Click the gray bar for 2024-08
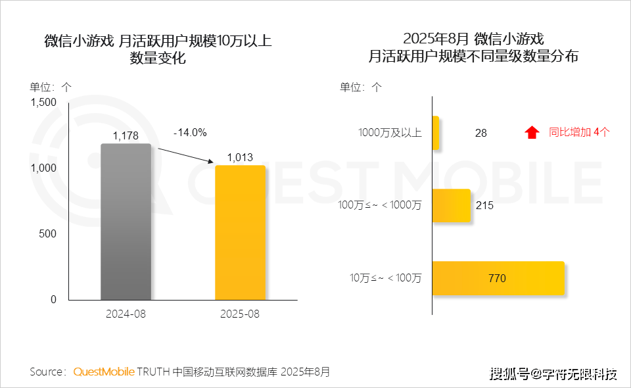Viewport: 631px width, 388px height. [126, 222]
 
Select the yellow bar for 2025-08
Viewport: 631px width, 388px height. [240, 232]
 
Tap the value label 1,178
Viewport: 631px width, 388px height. [126, 136]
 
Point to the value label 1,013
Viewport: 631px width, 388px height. [240, 158]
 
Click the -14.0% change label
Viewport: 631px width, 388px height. [190, 132]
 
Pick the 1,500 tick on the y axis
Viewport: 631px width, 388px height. [44, 102]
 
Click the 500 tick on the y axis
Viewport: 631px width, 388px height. [49, 233]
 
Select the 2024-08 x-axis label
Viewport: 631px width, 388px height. [126, 314]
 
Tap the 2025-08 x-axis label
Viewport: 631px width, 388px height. [240, 314]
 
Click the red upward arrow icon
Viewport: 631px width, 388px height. [532, 132]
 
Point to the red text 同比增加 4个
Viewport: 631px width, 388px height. [579, 132]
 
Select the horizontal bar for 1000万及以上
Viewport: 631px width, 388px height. [435, 132]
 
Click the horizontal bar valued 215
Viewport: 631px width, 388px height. [451, 205]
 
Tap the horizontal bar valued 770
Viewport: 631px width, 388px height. [498, 278]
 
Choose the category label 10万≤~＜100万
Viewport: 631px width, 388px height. [386, 278]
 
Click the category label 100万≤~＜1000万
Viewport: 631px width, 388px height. [380, 205]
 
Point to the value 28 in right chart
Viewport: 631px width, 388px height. [481, 133]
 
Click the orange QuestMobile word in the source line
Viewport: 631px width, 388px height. [104, 372]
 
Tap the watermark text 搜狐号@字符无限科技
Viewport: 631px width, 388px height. [554, 374]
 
